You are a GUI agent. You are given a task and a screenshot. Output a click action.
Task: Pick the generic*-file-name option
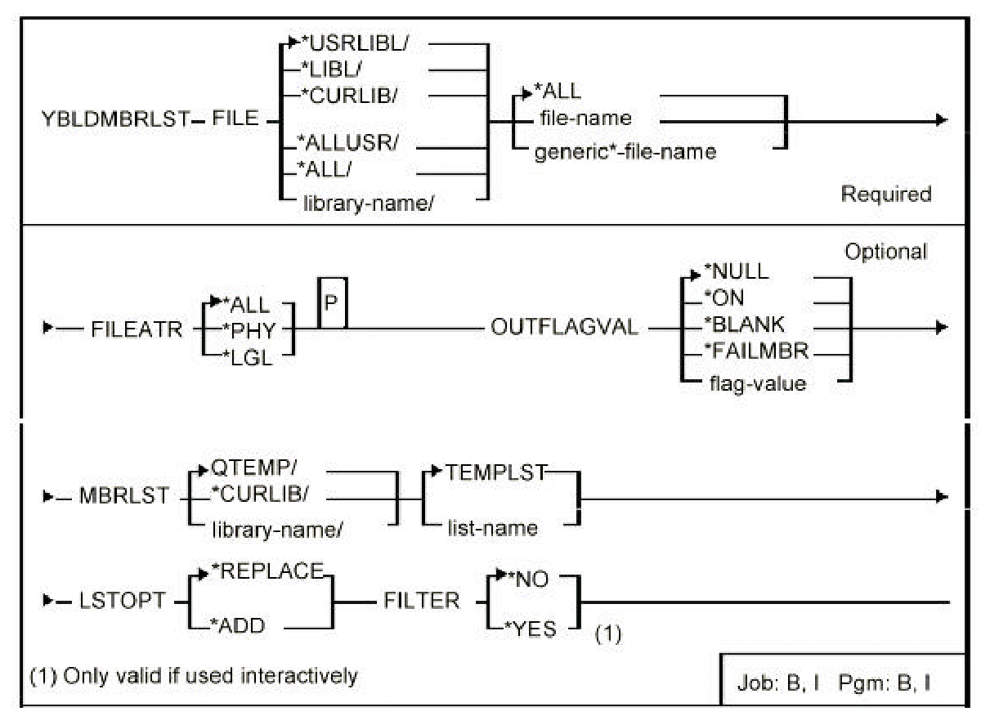(625, 152)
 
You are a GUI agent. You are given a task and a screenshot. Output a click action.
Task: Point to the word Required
(886, 195)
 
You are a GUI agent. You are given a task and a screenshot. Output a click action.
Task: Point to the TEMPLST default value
(496, 472)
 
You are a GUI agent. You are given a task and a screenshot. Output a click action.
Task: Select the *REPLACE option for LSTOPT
(276, 572)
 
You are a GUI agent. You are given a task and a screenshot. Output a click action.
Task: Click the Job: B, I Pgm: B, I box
(843, 678)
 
